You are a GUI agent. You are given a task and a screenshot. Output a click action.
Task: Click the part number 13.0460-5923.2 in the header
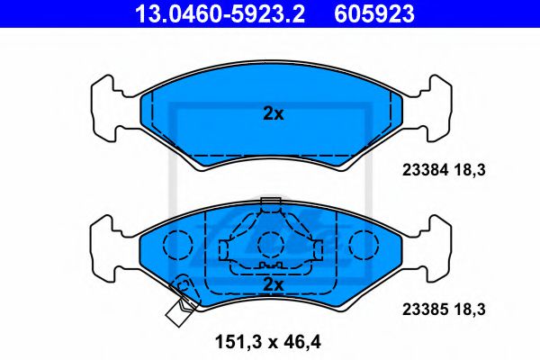[x=220, y=13]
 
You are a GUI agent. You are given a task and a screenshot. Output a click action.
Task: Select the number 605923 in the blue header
[x=374, y=13]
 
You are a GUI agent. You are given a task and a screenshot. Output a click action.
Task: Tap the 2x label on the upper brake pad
[x=274, y=113]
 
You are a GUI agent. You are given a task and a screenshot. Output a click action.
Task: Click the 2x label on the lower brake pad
[x=274, y=284]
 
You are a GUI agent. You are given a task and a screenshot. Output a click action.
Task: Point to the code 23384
[x=426, y=170]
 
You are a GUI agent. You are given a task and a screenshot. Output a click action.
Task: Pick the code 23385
[x=426, y=310]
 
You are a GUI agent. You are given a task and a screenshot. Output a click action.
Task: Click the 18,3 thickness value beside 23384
[x=470, y=170]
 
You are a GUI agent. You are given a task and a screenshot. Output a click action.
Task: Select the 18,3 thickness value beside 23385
[x=470, y=310]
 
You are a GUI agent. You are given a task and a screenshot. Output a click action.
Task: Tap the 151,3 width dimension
[x=238, y=342]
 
